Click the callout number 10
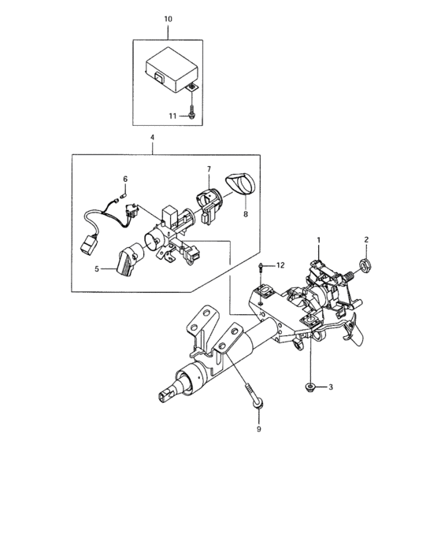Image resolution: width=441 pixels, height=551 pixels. pyautogui.click(x=168, y=19)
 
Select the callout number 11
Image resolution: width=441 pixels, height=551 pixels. pyautogui.click(x=172, y=116)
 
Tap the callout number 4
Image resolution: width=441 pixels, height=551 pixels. pyautogui.click(x=152, y=138)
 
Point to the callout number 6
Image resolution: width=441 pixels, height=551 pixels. pyautogui.click(x=125, y=179)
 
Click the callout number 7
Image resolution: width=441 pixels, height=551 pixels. pyautogui.click(x=209, y=169)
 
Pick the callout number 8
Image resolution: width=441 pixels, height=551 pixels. pyautogui.click(x=246, y=213)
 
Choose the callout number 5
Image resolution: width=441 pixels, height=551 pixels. pyautogui.click(x=97, y=269)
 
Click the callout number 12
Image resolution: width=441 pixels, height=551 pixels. pyautogui.click(x=280, y=265)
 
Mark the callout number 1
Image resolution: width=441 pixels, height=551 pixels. pyautogui.click(x=319, y=240)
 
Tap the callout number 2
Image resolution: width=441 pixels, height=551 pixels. pyautogui.click(x=366, y=239)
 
